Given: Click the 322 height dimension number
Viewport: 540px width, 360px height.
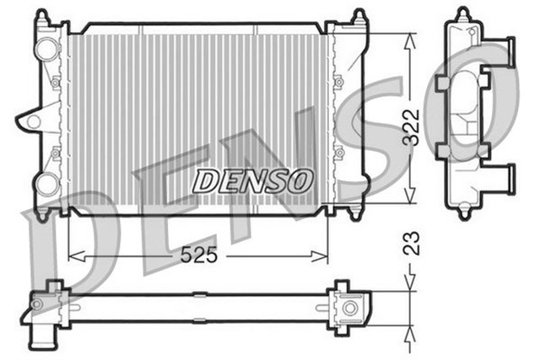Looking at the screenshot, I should pyautogui.click(x=411, y=126).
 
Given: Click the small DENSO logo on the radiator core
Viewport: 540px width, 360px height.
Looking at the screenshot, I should pyautogui.click(x=253, y=180).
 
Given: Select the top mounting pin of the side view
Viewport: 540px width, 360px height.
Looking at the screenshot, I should pyautogui.click(x=462, y=14).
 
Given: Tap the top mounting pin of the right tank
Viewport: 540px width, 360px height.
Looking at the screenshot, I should pyautogui.click(x=358, y=16).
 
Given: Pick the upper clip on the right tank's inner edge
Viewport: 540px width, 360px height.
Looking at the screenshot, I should pyautogui.click(x=337, y=83).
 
